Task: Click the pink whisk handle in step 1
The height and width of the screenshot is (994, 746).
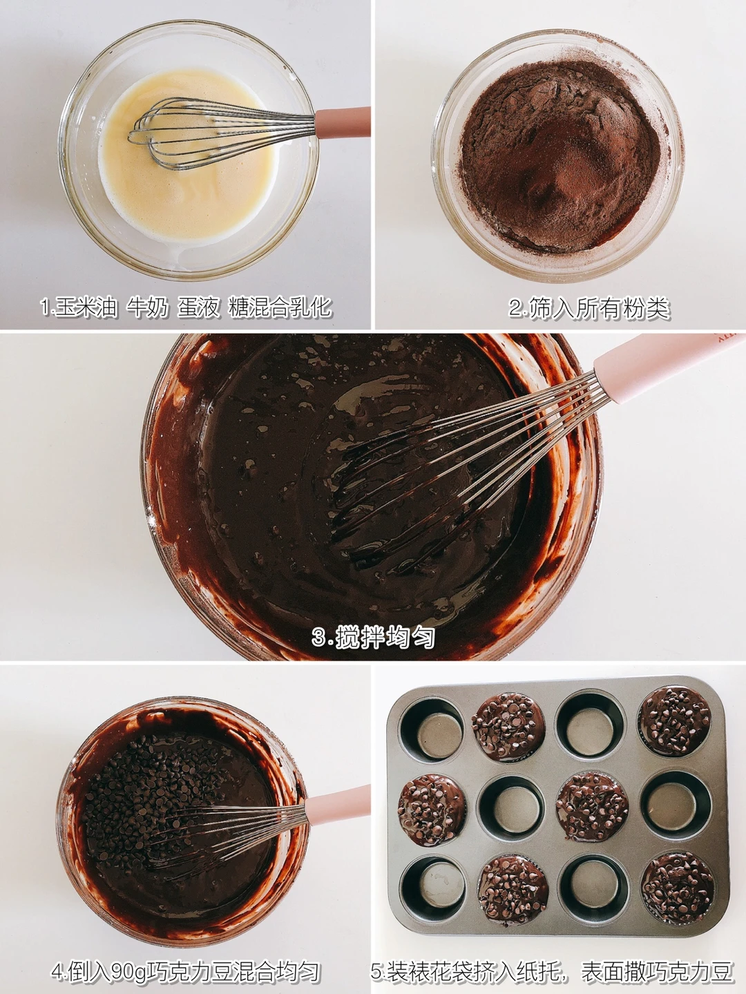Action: coord(343,122)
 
